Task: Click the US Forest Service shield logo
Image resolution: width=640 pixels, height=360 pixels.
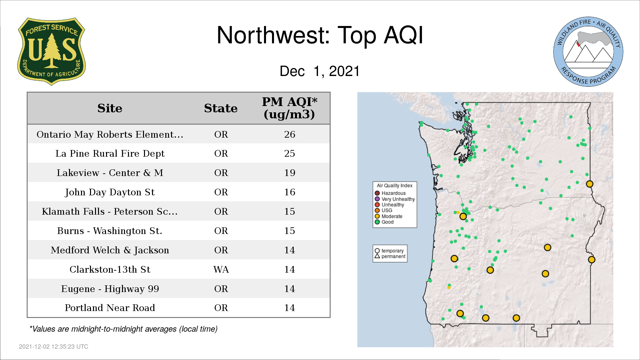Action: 51,51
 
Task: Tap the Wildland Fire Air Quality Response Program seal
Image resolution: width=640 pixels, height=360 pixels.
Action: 588,52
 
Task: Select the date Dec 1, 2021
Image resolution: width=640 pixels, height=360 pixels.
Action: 320,71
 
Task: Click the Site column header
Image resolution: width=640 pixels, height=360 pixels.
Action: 110,108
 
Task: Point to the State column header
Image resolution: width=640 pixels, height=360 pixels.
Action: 221,108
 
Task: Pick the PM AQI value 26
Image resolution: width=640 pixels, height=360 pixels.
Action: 290,134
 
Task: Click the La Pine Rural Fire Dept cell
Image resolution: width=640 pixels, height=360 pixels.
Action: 110,153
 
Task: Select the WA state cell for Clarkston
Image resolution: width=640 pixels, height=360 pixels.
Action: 221,269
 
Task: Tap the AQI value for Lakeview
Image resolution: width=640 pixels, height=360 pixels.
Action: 290,173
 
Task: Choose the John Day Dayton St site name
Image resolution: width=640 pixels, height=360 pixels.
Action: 110,192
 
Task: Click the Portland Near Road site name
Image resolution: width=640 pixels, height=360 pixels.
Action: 110,308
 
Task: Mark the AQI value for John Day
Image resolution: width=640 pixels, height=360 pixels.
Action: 290,192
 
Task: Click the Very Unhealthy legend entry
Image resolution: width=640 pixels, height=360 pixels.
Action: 395,199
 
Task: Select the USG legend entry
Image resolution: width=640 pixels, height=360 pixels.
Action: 384,210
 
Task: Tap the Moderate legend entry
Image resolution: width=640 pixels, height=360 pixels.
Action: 389,216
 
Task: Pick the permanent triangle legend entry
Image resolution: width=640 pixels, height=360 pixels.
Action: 390,256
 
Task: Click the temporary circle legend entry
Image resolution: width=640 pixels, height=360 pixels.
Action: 389,251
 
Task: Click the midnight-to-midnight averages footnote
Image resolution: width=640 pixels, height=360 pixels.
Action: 123,329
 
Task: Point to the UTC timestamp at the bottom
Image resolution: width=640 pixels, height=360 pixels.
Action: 54,347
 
